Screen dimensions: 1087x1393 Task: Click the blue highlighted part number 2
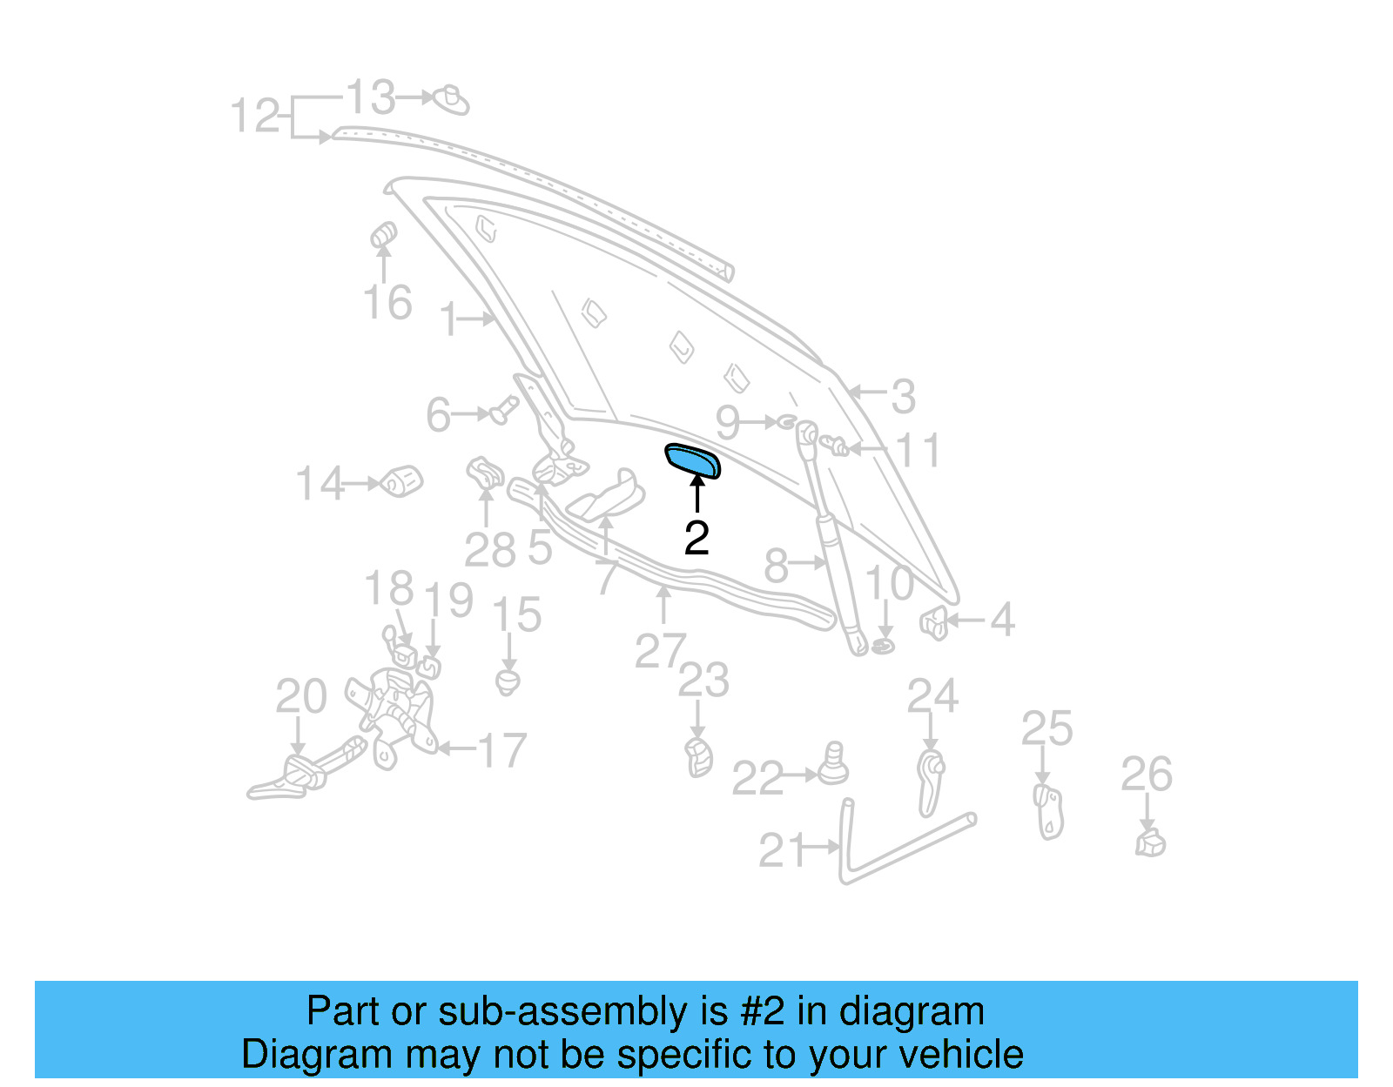pyautogui.click(x=693, y=460)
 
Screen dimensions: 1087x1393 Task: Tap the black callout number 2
pyautogui.click(x=696, y=539)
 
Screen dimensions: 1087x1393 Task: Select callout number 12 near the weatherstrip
pyautogui.click(x=255, y=116)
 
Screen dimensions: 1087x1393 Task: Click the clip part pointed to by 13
pyautogui.click(x=452, y=100)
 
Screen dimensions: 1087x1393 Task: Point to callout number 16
pyautogui.click(x=387, y=303)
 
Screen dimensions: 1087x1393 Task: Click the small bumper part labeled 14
pyautogui.click(x=402, y=480)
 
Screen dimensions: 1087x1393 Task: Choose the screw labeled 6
pyautogui.click(x=502, y=409)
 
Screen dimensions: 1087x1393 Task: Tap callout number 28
pyautogui.click(x=489, y=551)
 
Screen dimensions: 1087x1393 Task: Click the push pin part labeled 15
pyautogui.click(x=508, y=681)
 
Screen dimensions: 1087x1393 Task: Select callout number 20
pyautogui.click(x=300, y=696)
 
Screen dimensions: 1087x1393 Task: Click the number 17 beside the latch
pyautogui.click(x=502, y=750)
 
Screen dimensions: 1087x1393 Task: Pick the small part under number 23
pyautogui.click(x=698, y=757)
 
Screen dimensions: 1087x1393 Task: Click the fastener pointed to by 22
pyautogui.click(x=834, y=766)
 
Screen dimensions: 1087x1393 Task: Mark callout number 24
pyautogui.click(x=932, y=696)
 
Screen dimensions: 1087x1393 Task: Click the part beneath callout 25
pyautogui.click(x=1049, y=811)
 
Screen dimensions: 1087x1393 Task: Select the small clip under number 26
pyautogui.click(x=1150, y=842)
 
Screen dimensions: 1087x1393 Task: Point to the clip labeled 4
pyautogui.click(x=933, y=622)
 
